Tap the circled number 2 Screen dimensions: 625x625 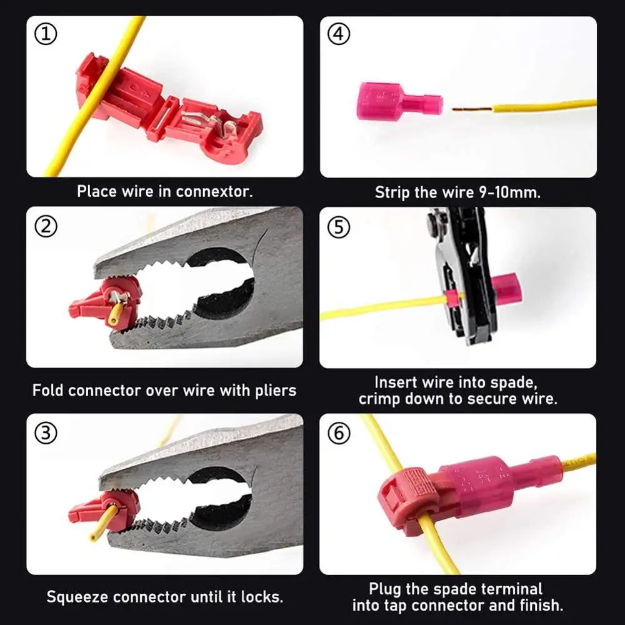coord(46,227)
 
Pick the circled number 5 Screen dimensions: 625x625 coord(339,227)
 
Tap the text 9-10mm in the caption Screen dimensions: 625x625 coord(507,192)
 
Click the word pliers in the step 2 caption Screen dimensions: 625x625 coord(274,391)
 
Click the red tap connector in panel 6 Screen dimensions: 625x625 coord(409,500)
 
